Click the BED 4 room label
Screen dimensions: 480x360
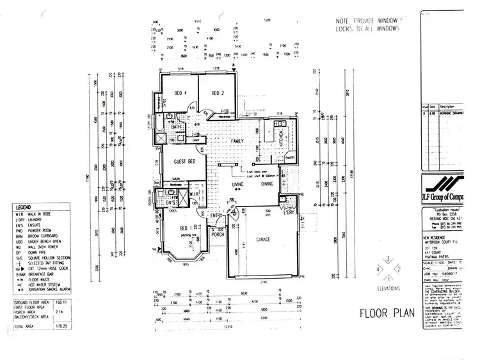177,93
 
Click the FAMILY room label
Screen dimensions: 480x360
237,140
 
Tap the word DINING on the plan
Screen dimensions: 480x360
268,184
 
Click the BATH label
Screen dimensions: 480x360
177,127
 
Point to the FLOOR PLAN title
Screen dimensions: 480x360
386,313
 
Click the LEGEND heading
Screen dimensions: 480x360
24,208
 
